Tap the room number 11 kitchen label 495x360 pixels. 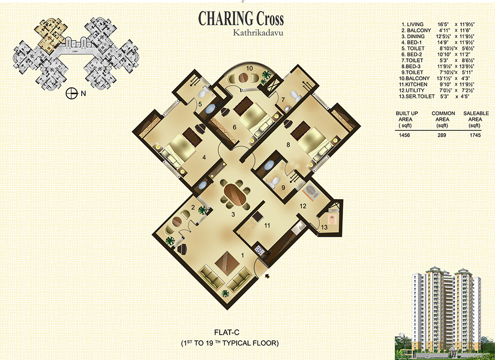click(267, 225)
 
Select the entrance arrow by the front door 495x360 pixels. click(268, 277)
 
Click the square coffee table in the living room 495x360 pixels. click(228, 262)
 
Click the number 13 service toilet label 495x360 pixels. click(324, 227)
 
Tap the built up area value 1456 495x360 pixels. click(404, 135)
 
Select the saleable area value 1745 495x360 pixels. click(475, 135)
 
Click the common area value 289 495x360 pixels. click(442, 135)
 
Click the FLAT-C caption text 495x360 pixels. click(227, 332)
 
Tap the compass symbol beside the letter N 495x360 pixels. click(72, 93)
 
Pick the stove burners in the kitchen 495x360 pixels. click(260, 250)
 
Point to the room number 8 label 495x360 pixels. click(288, 145)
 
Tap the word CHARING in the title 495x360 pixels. click(226, 18)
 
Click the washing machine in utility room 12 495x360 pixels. click(311, 192)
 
